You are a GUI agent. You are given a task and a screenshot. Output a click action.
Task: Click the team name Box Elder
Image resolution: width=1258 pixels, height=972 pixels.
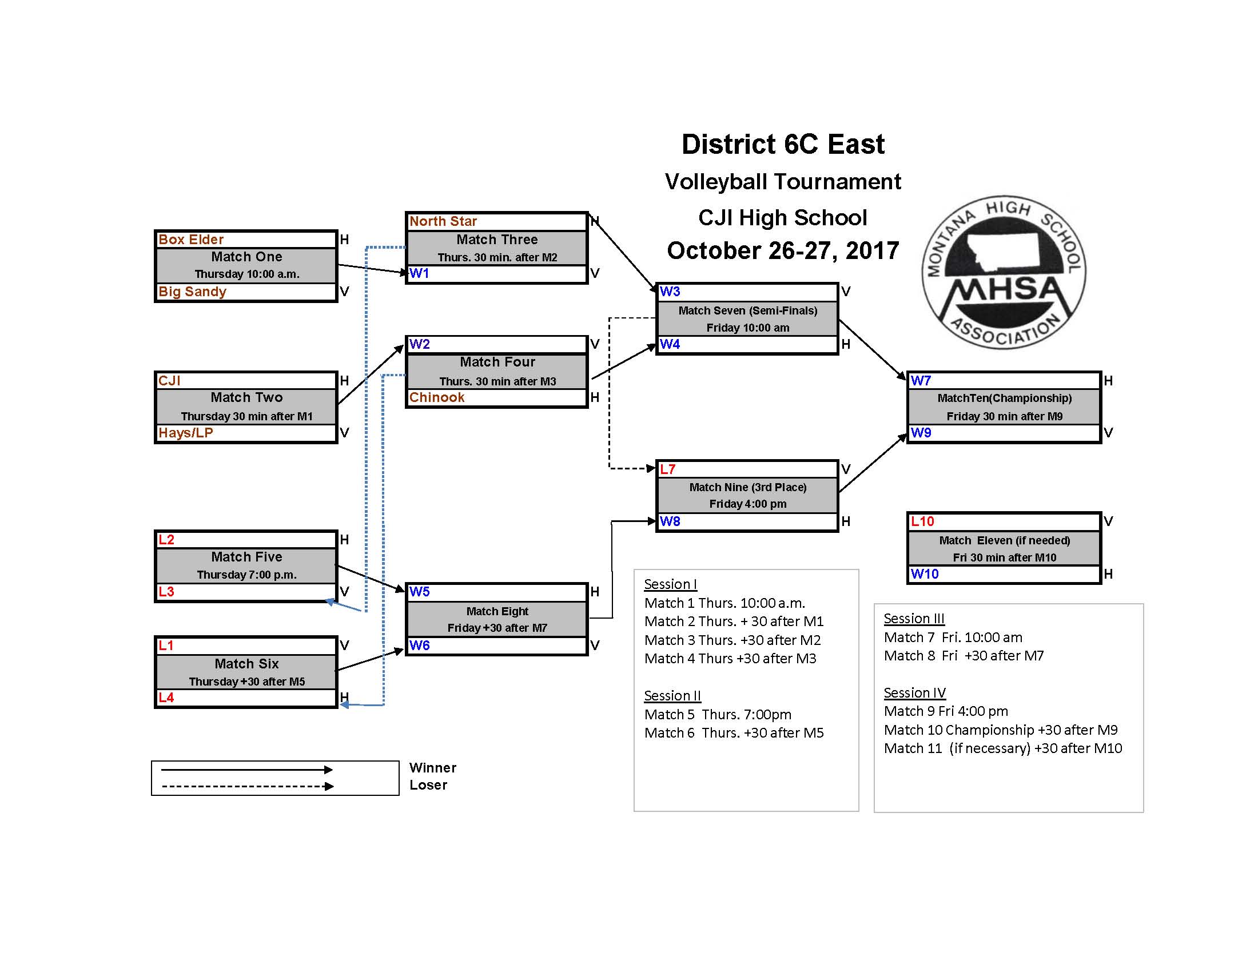[190, 240]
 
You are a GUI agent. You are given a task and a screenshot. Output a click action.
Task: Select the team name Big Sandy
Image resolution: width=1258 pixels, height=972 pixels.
[192, 292]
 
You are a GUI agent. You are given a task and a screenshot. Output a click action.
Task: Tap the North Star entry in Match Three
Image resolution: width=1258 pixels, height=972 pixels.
[443, 221]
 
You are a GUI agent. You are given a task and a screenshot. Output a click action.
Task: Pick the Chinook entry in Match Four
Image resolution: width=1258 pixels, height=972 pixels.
[437, 397]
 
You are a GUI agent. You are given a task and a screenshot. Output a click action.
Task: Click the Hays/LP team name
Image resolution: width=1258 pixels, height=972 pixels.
[185, 432]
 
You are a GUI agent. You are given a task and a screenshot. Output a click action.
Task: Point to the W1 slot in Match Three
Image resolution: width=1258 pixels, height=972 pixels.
[419, 273]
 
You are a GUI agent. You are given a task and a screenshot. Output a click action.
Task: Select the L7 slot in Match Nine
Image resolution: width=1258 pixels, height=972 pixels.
[667, 469]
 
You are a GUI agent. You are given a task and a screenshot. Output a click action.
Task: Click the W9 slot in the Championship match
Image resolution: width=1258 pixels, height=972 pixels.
[921, 432]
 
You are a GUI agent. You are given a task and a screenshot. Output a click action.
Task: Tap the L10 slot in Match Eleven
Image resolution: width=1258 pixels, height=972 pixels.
[922, 521]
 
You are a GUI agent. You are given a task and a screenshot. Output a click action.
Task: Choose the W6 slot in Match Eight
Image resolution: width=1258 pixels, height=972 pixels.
[419, 646]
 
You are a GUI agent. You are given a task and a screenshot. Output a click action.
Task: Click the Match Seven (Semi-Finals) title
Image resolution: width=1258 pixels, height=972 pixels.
[748, 311]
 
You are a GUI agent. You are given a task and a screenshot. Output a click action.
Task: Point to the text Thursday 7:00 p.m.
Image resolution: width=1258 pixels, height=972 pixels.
[246, 575]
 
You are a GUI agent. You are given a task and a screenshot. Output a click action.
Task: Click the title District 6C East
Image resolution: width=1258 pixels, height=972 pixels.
[783, 144]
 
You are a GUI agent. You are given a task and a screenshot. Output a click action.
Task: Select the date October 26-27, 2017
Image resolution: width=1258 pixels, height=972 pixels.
[783, 250]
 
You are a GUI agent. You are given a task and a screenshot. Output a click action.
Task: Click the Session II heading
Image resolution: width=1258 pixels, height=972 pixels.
[672, 696]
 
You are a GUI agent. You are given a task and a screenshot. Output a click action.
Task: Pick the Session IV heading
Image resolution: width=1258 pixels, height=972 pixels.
[915, 693]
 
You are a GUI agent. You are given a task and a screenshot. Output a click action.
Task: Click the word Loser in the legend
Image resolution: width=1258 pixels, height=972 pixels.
[428, 785]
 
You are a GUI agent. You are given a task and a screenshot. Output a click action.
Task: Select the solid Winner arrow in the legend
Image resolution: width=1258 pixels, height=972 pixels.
[246, 769]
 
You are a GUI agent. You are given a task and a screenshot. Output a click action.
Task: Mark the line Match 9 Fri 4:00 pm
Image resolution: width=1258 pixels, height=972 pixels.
[946, 711]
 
